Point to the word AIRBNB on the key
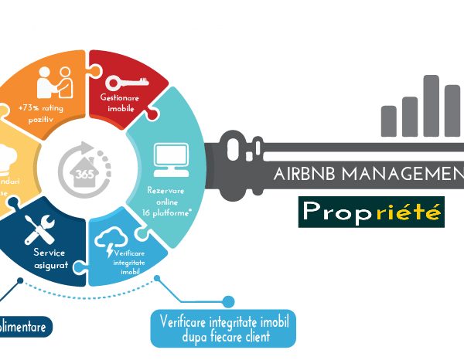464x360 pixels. coord(302,174)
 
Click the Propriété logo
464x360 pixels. coord(371,211)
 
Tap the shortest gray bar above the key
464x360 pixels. coord(389,121)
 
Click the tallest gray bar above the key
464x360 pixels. coord(431,105)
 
